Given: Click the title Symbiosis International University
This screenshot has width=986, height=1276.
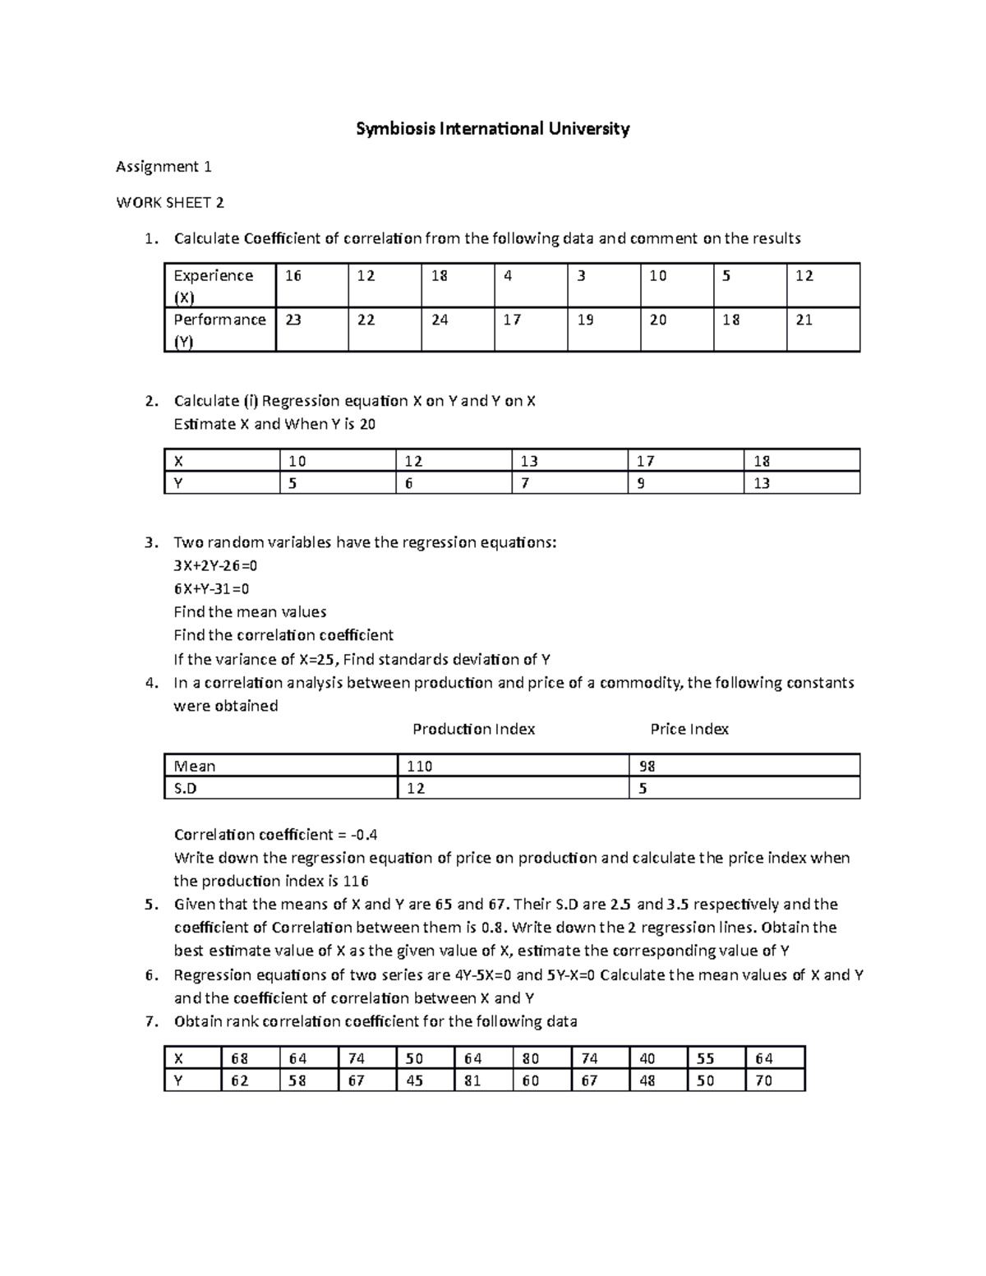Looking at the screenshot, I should click(492, 128).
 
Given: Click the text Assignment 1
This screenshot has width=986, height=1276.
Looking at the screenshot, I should click(164, 167).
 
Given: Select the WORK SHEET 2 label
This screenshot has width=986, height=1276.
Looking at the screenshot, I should click(170, 202).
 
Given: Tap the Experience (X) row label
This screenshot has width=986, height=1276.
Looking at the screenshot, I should click(213, 285).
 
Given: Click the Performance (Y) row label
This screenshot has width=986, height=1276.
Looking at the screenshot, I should click(219, 329).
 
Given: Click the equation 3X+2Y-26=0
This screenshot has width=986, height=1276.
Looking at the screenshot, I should click(216, 565).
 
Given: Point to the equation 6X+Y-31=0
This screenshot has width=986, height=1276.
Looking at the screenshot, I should click(211, 588).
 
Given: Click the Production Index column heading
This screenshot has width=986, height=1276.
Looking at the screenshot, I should click(473, 729).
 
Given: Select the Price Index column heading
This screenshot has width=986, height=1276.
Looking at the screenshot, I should click(689, 729).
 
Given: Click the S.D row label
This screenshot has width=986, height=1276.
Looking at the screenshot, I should click(186, 788).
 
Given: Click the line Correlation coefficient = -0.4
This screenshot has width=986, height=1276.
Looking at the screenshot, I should click(275, 835).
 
